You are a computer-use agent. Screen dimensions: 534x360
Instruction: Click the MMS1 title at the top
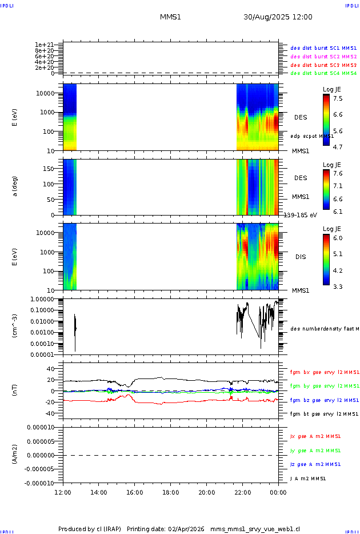point(170,17)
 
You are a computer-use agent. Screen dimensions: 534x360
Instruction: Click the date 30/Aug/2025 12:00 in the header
point(278,17)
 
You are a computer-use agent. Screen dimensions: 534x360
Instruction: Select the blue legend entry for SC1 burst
point(323,48)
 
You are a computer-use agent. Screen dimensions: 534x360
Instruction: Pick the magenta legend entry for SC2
point(323,57)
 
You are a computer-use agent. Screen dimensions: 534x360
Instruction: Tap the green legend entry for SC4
point(323,73)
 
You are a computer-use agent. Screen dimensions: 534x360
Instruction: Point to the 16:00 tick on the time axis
point(134,492)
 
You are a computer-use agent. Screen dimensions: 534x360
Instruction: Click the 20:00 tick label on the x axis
point(206,492)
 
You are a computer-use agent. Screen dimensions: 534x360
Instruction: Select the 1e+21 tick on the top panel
point(44,45)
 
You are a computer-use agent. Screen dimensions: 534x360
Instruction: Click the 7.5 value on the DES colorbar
point(338,98)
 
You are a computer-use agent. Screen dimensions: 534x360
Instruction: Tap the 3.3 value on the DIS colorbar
point(338,286)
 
